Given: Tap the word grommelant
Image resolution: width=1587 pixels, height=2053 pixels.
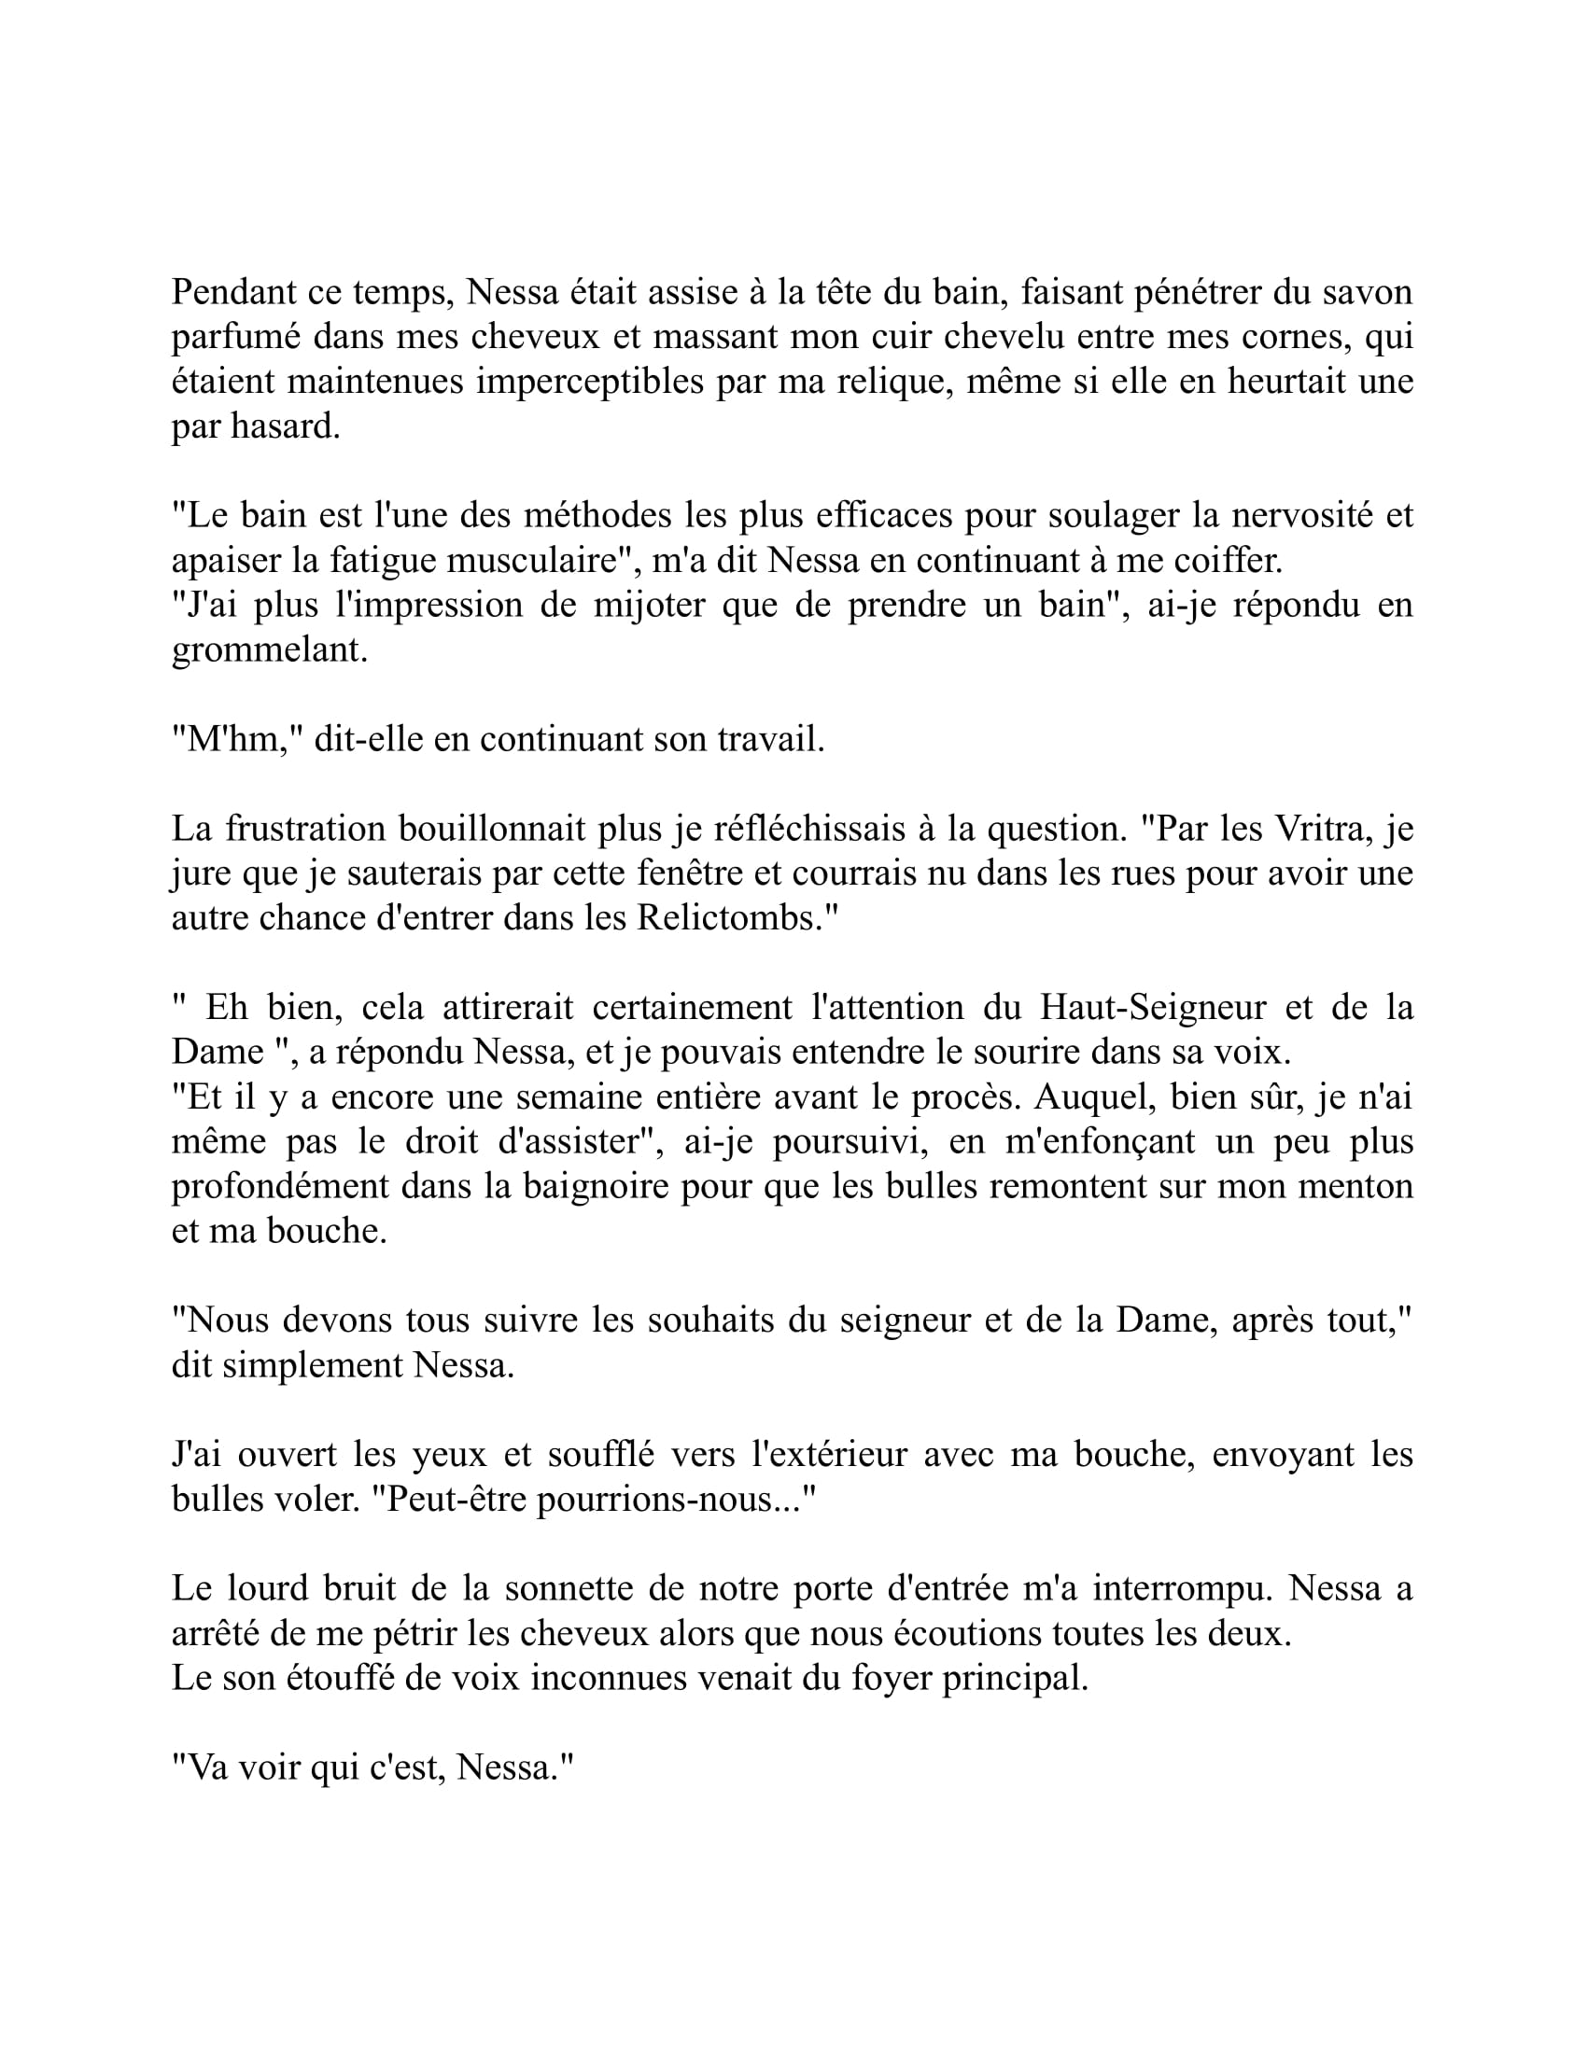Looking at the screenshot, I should click(x=269, y=650).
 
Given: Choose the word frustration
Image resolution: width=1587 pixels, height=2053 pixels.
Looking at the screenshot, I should click(x=305, y=829).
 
